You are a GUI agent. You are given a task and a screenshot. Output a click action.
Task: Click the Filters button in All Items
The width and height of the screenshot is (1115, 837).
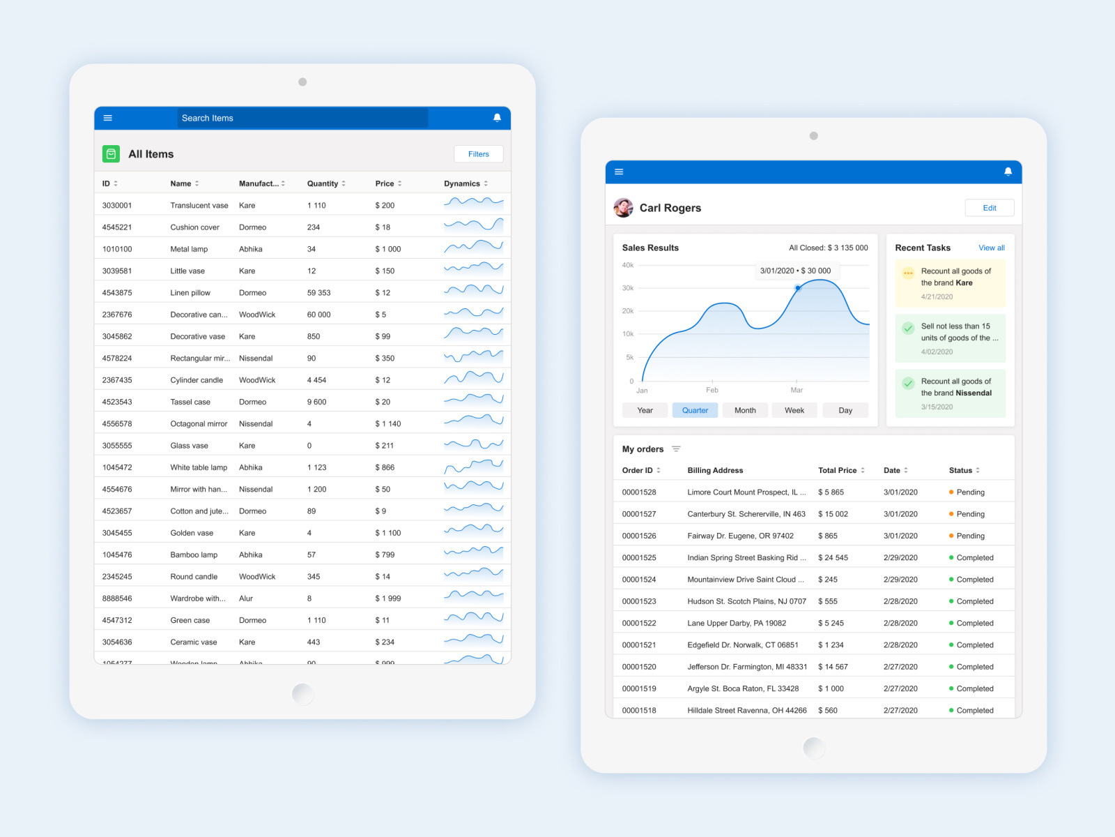tap(478, 154)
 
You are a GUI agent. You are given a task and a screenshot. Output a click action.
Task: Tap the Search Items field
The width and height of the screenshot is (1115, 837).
tap(302, 118)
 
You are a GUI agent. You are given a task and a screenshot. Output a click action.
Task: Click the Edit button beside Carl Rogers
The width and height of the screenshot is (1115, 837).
tap(989, 208)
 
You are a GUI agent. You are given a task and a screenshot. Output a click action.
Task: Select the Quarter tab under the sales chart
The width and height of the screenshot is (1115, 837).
tap(695, 410)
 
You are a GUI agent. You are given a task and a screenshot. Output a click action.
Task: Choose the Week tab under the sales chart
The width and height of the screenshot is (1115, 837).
tap(794, 410)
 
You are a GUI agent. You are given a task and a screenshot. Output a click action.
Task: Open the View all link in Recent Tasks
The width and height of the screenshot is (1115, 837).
tap(991, 248)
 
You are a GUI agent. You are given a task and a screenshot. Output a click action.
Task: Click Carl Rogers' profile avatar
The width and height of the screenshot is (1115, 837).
tap(623, 207)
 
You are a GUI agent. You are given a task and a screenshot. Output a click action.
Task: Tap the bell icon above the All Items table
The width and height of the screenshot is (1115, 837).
tap(497, 118)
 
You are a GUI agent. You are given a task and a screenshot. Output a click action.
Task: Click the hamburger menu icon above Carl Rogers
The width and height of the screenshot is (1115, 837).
tap(619, 172)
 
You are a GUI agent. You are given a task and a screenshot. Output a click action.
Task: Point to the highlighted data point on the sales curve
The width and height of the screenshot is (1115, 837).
tap(798, 287)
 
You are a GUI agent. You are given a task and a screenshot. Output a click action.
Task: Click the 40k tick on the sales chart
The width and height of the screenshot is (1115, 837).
tap(628, 265)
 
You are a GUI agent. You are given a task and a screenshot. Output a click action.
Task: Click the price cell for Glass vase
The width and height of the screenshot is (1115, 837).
tap(385, 446)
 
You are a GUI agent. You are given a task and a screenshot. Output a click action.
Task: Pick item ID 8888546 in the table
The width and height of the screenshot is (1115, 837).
tap(117, 598)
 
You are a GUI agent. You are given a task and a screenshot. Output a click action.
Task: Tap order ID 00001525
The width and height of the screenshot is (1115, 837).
tap(639, 558)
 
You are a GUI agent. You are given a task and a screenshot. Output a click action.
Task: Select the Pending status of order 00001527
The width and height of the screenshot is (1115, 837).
tap(969, 514)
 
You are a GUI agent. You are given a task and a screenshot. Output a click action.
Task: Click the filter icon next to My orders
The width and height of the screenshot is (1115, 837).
tap(676, 449)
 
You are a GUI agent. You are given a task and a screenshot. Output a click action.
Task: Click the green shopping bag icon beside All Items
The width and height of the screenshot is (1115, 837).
tap(111, 154)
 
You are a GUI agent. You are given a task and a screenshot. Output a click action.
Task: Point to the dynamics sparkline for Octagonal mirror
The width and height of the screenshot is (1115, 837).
tap(473, 421)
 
